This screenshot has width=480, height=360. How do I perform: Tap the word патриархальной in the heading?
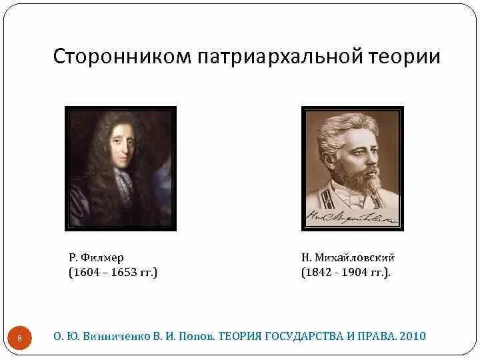[280, 56]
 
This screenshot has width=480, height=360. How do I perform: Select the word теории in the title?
[405, 56]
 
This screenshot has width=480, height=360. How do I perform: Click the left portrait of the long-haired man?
[121, 168]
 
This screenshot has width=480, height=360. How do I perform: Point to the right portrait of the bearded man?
[352, 168]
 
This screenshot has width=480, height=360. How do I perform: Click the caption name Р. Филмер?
[97, 257]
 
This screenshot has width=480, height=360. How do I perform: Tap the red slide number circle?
[19, 337]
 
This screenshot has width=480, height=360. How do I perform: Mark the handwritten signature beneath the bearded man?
[351, 215]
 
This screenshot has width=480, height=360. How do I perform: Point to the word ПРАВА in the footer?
[377, 337]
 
